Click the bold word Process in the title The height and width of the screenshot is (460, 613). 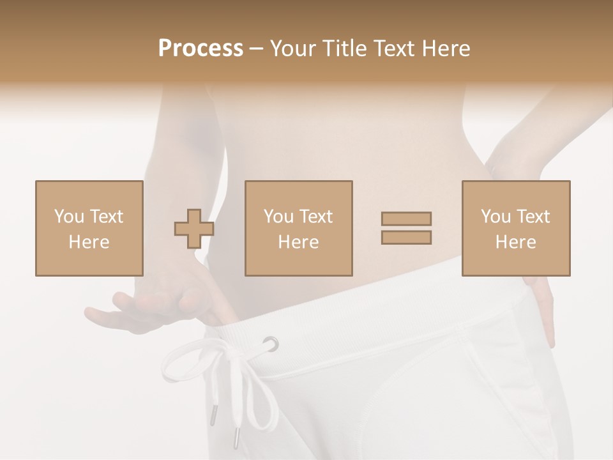(201, 48)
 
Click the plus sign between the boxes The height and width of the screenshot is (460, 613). (194, 229)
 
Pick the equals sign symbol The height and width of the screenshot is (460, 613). (406, 228)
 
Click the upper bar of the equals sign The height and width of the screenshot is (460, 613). (406, 219)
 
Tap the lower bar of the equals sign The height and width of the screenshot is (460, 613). (406, 237)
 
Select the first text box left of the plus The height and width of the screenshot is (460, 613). (89, 228)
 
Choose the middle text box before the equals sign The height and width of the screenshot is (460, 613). (298, 228)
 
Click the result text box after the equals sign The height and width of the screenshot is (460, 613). (515, 228)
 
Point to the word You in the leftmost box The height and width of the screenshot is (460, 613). (69, 216)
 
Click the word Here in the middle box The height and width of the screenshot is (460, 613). (298, 241)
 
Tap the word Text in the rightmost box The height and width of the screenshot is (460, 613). (533, 216)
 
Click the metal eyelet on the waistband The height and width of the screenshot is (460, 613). (271, 344)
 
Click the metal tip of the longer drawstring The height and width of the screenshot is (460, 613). (236, 438)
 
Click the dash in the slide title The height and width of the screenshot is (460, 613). (256, 48)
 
